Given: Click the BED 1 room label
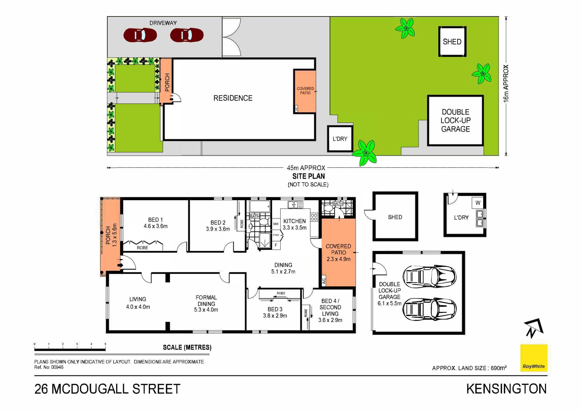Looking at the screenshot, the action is pyautogui.click(x=156, y=223).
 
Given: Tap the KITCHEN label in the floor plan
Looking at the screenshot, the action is pyautogui.click(x=294, y=221).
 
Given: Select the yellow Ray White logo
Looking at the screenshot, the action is pyautogui.click(x=534, y=358).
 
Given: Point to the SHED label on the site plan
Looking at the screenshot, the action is pyautogui.click(x=452, y=42).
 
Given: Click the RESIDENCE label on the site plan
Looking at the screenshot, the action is pyautogui.click(x=233, y=98).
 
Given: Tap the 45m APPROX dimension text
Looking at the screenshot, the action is pyautogui.click(x=306, y=168).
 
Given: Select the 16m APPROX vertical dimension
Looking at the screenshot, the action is pyautogui.click(x=506, y=84).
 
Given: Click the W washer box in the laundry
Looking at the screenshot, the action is pyautogui.click(x=478, y=203).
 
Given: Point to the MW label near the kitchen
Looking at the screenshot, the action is pyautogui.click(x=276, y=224).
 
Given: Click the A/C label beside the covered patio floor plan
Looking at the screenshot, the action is pyautogui.click(x=324, y=281).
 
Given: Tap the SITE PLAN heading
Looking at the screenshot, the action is pyautogui.click(x=309, y=176).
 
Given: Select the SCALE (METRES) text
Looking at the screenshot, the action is pyautogui.click(x=187, y=347).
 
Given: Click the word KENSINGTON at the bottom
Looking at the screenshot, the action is pyautogui.click(x=507, y=389).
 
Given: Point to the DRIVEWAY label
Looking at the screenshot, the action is pyautogui.click(x=163, y=23).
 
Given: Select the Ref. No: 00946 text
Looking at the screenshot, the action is pyautogui.click(x=49, y=367).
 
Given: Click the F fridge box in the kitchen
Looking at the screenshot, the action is pyautogui.click(x=276, y=245).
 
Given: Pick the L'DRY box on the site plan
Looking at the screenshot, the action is pyautogui.click(x=340, y=139).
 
